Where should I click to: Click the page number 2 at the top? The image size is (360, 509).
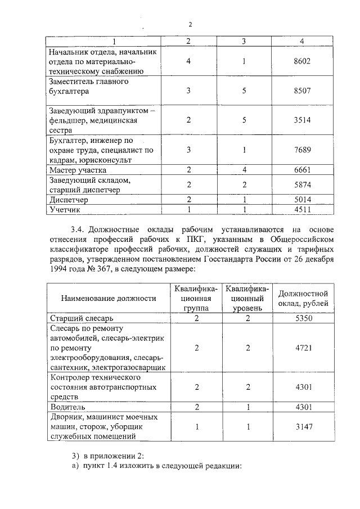pos(190,24)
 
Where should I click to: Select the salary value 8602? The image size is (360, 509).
pos(302,61)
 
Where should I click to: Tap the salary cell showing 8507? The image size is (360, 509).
pos(302,91)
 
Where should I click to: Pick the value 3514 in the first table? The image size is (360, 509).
pos(302,120)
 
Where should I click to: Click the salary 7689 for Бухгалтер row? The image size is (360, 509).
pos(302,150)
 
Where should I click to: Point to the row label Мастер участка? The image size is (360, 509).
pos(78,169)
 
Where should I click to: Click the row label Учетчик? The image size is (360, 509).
pos(66,209)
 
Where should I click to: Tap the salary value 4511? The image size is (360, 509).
pos(302,209)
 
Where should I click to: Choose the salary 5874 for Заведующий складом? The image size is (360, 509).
pos(302,184)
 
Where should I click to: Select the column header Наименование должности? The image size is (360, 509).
pos(109,299)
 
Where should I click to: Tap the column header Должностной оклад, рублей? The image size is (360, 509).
pos(303,299)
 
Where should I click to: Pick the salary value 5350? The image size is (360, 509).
pos(303,318)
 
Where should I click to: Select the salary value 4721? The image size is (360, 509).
pos(303,348)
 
